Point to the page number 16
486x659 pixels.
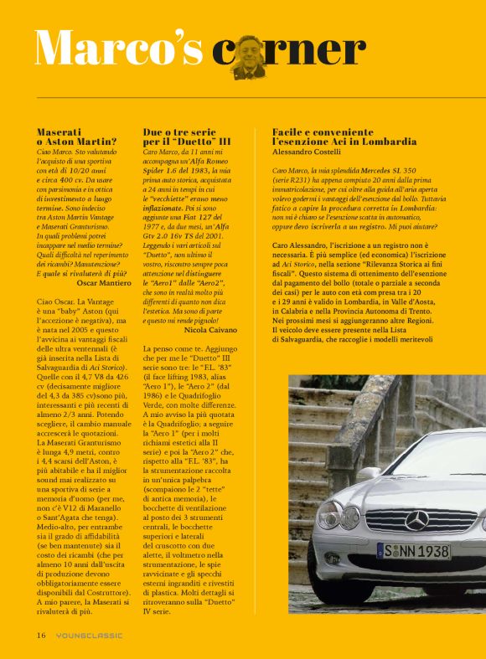(x=40, y=635)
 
